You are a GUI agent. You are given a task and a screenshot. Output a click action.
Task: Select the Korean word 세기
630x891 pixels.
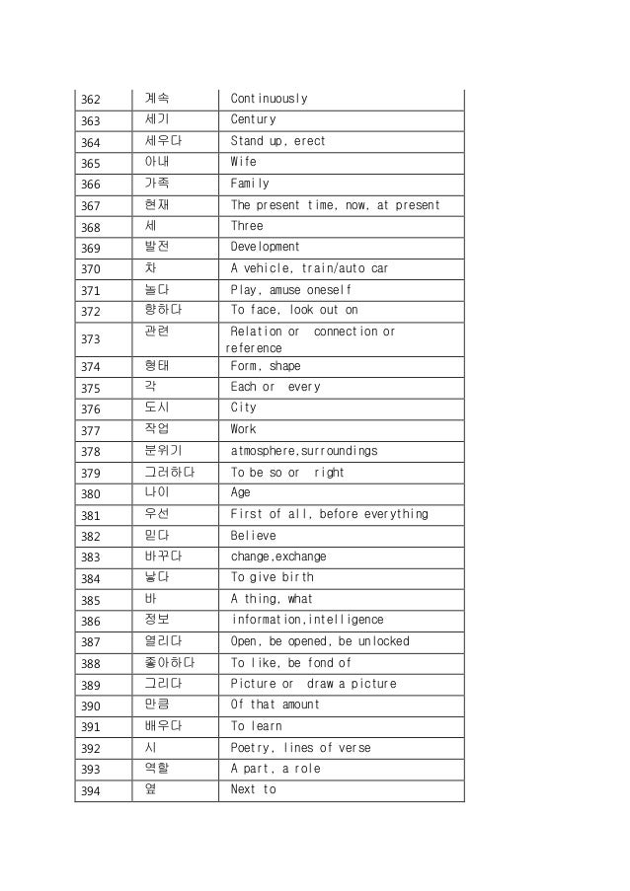[x=156, y=120]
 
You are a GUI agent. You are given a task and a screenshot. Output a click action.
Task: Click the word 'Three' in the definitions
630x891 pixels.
[x=247, y=226]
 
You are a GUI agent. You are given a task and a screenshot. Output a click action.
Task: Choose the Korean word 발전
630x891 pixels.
[x=156, y=247]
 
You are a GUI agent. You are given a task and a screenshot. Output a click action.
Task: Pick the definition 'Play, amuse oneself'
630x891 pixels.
[x=290, y=289]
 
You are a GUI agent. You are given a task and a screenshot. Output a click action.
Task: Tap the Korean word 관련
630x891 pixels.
[x=156, y=332]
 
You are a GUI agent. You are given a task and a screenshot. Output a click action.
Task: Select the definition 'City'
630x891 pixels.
[x=243, y=408]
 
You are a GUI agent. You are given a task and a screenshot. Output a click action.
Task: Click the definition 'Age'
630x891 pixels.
[x=240, y=493]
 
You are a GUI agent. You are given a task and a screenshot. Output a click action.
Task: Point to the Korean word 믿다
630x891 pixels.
[x=156, y=536]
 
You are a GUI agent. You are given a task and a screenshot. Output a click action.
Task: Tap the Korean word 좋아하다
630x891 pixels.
[x=168, y=663]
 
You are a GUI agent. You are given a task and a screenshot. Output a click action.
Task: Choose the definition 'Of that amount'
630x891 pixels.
[x=275, y=705]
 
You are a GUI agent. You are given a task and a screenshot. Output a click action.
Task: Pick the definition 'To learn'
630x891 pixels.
[x=257, y=727]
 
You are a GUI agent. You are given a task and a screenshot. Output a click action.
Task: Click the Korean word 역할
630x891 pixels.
[x=156, y=769]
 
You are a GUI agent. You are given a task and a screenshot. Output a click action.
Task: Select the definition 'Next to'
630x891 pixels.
[x=253, y=790]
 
